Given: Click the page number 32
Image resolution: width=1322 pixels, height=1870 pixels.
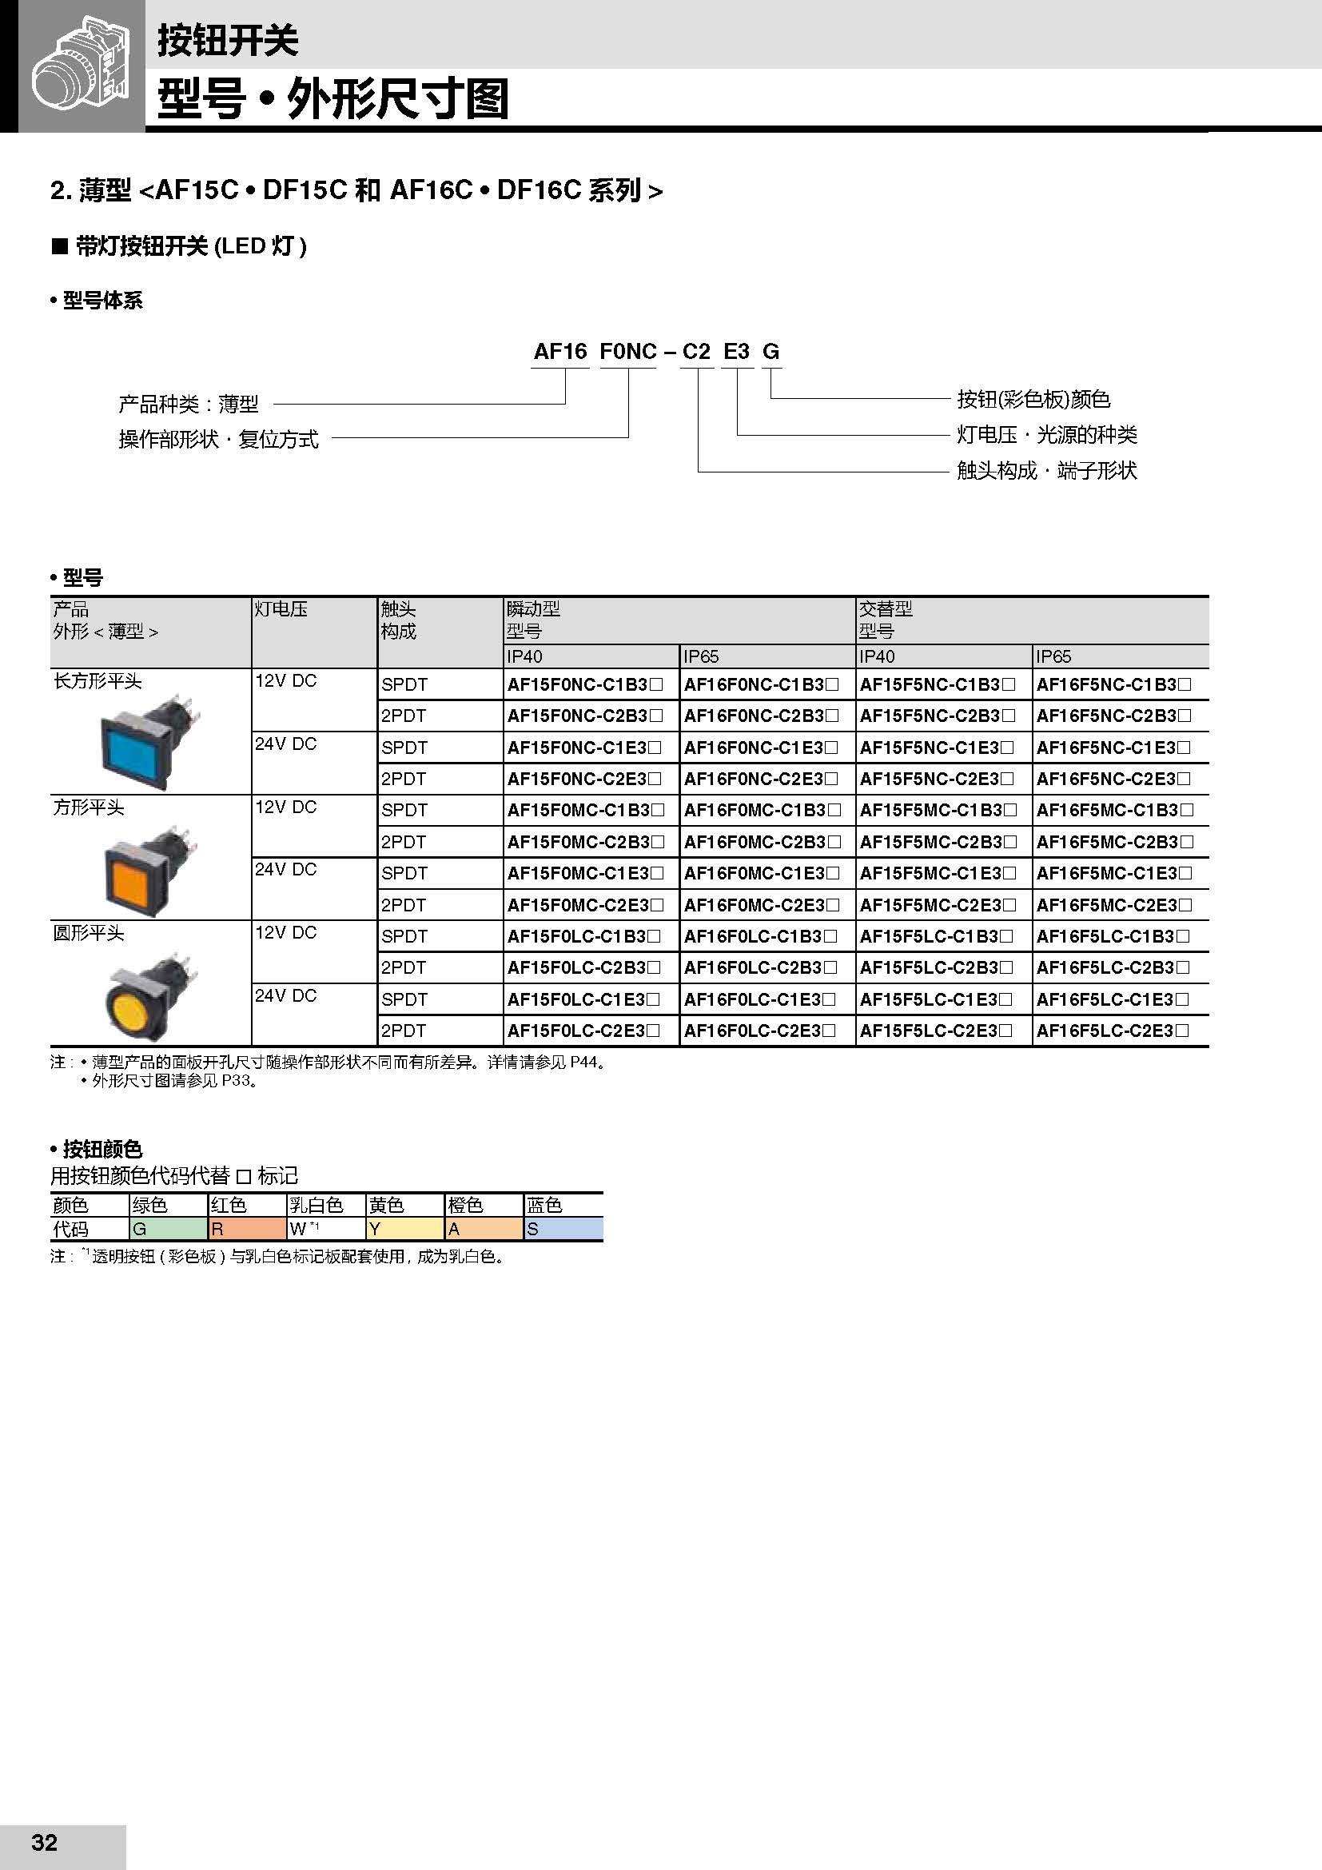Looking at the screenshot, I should coord(44,1843).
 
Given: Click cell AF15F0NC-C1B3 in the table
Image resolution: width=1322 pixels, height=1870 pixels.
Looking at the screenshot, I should coord(584,685).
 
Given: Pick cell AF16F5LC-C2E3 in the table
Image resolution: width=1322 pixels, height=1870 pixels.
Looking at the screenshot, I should coord(1113,1031).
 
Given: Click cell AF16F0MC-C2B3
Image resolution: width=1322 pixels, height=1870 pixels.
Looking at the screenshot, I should coord(761,842).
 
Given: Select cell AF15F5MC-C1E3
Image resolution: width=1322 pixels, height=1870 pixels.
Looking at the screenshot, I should coord(938,873).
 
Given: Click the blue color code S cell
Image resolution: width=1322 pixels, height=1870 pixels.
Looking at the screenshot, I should coord(563,1229).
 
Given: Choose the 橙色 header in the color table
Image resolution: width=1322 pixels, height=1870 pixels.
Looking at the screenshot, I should coord(466,1205).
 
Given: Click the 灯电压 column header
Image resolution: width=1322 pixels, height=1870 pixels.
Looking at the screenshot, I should coord(281,609).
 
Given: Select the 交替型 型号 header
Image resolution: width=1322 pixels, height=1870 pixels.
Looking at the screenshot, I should coord(886,619).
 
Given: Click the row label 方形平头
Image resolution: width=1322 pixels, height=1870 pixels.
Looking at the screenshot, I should coord(89,807).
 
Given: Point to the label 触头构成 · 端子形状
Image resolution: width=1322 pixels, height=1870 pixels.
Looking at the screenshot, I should coord(1046,471).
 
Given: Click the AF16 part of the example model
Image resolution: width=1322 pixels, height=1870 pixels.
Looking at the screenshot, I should coord(560,352).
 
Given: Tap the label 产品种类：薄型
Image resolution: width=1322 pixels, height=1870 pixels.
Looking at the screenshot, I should coord(189,404).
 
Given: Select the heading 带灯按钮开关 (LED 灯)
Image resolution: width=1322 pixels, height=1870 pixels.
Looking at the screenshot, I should coord(189,246).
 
